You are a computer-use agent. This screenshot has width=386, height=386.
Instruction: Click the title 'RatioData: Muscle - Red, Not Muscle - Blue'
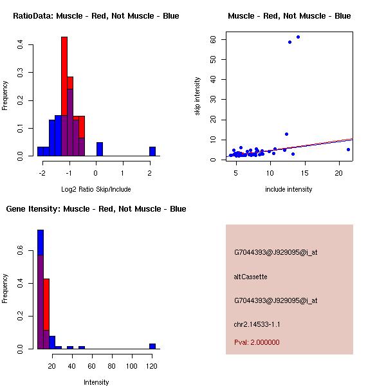click(x=96, y=15)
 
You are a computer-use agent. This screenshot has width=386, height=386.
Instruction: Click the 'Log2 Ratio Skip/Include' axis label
click(x=96, y=189)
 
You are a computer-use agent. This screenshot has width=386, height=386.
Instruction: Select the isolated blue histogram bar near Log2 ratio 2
click(x=152, y=152)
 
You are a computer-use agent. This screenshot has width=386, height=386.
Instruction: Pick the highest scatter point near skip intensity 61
click(x=298, y=37)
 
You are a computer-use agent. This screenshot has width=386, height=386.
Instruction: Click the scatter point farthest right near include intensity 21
click(x=348, y=149)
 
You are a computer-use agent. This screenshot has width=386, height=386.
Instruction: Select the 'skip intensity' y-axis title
click(x=198, y=96)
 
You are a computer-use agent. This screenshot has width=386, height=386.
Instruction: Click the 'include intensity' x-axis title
click(x=289, y=189)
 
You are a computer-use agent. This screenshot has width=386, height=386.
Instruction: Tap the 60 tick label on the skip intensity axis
click(x=212, y=39)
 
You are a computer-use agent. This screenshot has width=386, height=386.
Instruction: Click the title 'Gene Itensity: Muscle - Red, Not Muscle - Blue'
click(x=96, y=208)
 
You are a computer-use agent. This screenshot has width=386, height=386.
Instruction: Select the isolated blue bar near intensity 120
click(x=152, y=346)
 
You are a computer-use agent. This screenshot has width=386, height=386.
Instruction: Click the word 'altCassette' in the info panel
click(x=250, y=277)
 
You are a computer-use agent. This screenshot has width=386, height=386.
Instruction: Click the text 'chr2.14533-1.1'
click(x=257, y=324)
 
